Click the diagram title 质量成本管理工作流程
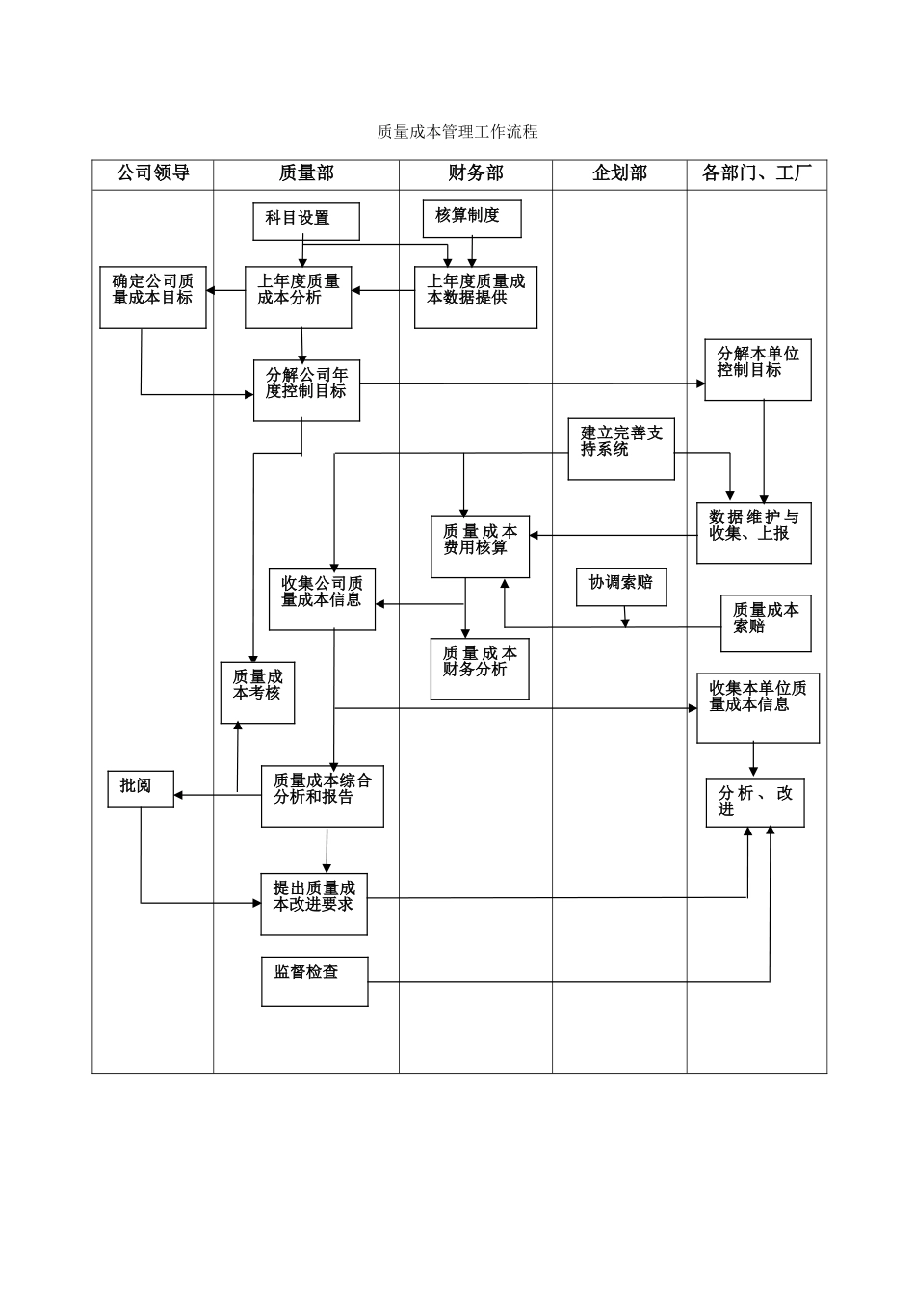click(x=457, y=132)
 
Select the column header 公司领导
click(x=153, y=173)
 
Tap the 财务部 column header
click(x=476, y=173)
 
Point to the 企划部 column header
click(x=619, y=173)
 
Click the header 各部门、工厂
click(x=757, y=173)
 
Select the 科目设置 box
click(x=306, y=221)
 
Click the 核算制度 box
click(x=472, y=218)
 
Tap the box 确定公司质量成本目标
click(x=153, y=297)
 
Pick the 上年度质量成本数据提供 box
click(x=476, y=297)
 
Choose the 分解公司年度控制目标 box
click(x=306, y=389)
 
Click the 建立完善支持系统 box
click(x=621, y=448)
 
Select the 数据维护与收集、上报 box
click(x=754, y=532)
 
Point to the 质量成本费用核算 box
click(x=480, y=546)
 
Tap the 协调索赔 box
click(x=621, y=586)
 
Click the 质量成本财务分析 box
click(x=480, y=668)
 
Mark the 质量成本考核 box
click(x=257, y=692)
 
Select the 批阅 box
click(x=141, y=788)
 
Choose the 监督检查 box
click(x=314, y=981)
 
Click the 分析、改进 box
click(x=755, y=802)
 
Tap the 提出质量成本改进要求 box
click(x=314, y=903)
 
